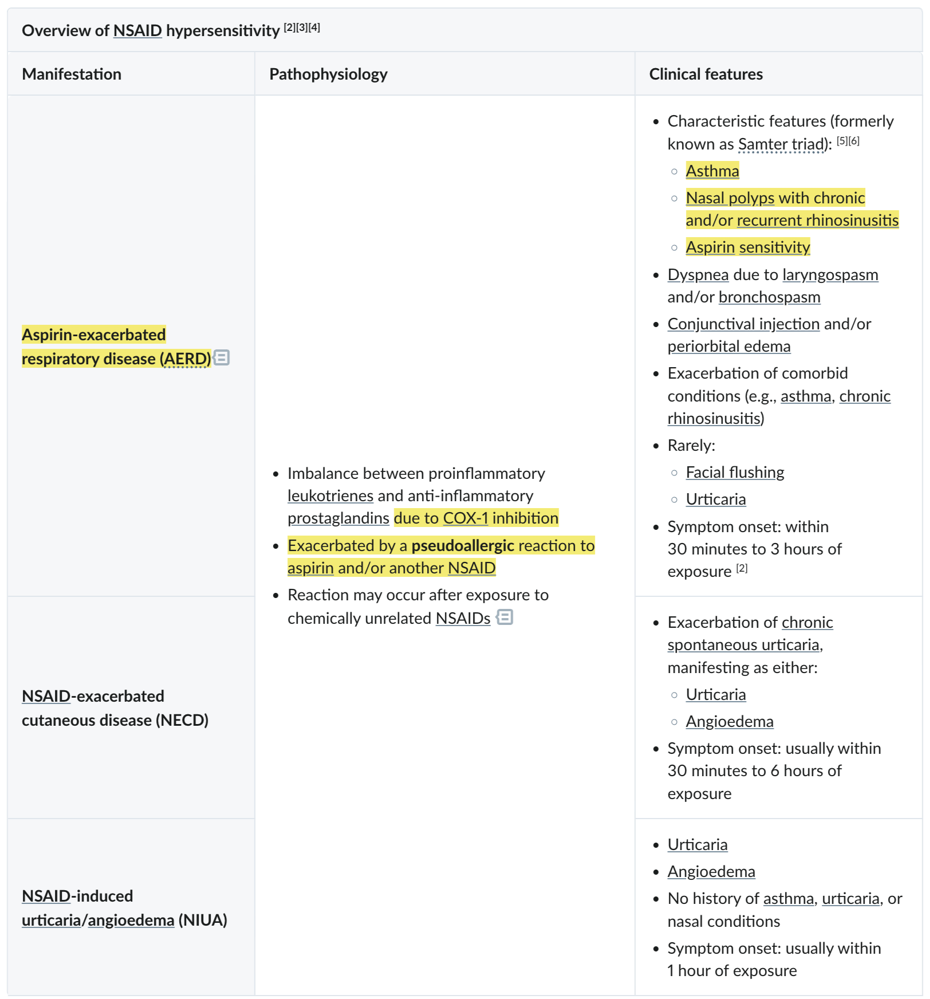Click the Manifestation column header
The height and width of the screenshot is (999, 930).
(72, 74)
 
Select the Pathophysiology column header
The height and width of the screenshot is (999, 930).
(328, 74)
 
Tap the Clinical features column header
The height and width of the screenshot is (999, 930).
(706, 74)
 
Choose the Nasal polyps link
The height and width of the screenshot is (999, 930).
(730, 198)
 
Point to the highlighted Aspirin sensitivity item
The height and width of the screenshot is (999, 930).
(747, 247)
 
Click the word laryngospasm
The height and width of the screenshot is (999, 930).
(830, 274)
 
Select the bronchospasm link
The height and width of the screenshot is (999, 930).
(769, 297)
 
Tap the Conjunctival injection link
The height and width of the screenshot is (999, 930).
(743, 324)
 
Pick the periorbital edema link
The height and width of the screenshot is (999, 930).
(728, 346)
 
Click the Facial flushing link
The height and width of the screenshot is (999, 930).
(735, 472)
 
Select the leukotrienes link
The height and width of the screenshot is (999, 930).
(330, 495)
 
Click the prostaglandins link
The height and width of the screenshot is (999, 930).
(338, 518)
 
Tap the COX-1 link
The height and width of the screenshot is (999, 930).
(465, 518)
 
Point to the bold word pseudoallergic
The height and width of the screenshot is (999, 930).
(463, 545)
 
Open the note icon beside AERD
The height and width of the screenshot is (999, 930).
(222, 358)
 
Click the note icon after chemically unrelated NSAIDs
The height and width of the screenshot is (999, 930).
(505, 618)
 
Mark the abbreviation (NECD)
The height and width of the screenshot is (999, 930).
(182, 720)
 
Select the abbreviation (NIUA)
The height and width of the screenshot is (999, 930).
(203, 920)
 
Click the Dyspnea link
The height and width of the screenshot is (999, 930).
(697, 274)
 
